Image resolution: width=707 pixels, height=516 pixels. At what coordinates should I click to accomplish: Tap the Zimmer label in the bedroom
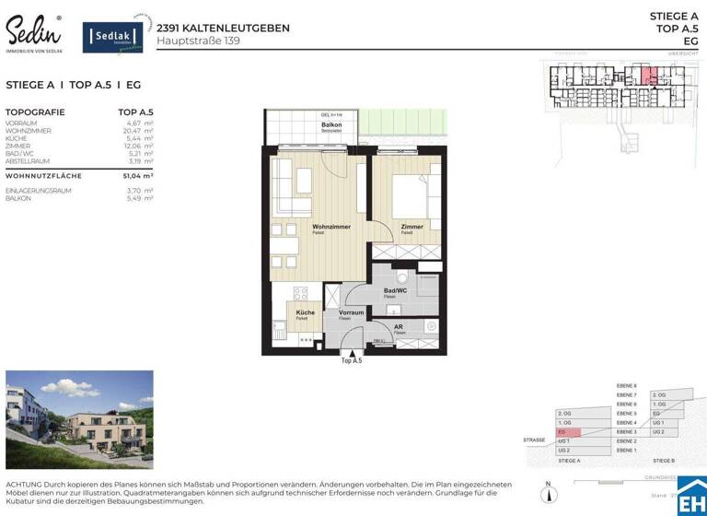pos(411,227)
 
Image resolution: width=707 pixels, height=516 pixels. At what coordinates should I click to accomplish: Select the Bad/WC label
pos(395,290)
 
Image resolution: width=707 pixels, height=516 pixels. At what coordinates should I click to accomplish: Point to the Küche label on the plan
pos(305,312)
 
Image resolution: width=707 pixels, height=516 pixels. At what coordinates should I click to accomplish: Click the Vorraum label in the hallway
pos(352,312)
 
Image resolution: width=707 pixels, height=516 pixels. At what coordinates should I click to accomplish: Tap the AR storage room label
pos(398,326)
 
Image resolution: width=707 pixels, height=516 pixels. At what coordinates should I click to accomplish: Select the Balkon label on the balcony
pos(330,124)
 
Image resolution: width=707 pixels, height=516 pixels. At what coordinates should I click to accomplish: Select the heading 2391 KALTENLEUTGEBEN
pos(223,28)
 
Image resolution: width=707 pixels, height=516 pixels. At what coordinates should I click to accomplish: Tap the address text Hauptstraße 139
pos(198,41)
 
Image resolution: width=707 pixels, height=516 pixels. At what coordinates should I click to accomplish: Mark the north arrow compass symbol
pos(548,494)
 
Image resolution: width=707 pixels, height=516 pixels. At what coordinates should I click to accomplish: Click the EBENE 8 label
pos(626,385)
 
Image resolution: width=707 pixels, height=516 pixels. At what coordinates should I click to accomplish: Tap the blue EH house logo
pos(691,496)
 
